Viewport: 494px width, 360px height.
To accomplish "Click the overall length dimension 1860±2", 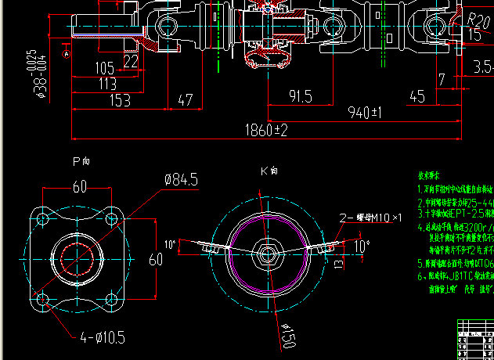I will click(266, 129).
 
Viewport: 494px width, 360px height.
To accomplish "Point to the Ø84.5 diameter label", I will click(186, 179).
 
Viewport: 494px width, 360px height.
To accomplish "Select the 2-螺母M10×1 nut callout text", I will click(370, 217).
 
